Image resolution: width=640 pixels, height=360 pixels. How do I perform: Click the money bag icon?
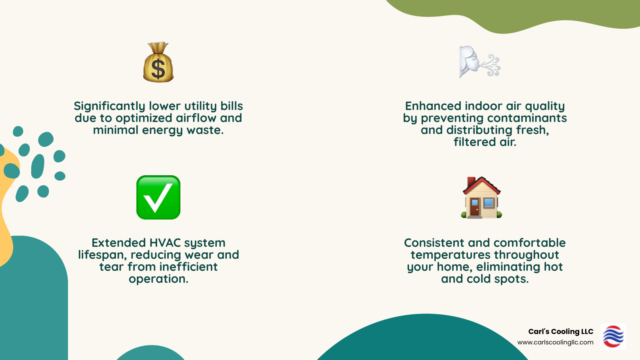pyautogui.click(x=158, y=63)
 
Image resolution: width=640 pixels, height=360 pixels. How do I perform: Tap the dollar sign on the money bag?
pyautogui.click(x=158, y=68)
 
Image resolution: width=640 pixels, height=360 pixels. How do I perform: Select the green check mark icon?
pyautogui.click(x=158, y=197)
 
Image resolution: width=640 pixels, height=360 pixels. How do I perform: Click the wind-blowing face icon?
pyautogui.click(x=479, y=62)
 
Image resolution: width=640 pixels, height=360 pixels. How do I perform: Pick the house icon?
pyautogui.click(x=481, y=198)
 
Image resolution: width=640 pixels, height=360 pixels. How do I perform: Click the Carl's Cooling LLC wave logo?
pyautogui.click(x=613, y=336)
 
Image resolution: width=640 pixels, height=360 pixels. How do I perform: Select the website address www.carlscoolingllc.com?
pyautogui.click(x=555, y=342)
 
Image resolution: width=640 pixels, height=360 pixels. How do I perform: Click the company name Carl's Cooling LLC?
pyautogui.click(x=560, y=332)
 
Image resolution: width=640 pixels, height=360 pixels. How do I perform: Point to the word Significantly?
pyautogui.click(x=109, y=106)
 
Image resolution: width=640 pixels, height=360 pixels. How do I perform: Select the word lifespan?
pyautogui.click(x=102, y=255)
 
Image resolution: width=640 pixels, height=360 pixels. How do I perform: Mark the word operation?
pyautogui.click(x=158, y=279)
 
